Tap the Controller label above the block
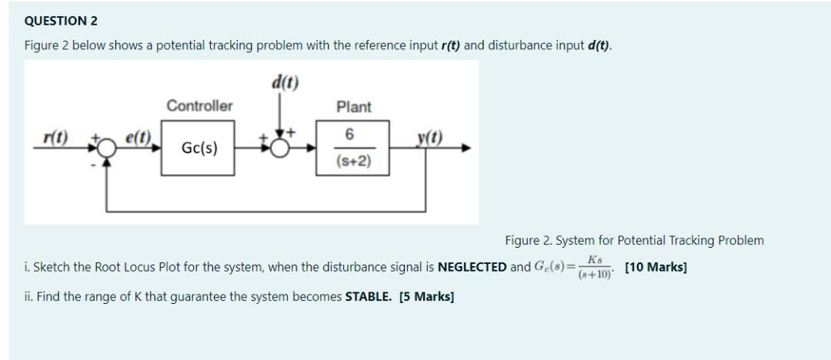click(x=199, y=106)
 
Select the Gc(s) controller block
click(x=199, y=148)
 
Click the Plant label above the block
click(x=354, y=108)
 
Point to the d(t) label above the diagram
click(x=284, y=80)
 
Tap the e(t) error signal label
click(x=138, y=137)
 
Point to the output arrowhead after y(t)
click(x=466, y=148)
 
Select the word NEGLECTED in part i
click(x=472, y=268)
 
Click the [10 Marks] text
click(x=656, y=268)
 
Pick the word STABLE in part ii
click(x=369, y=295)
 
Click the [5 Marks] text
click(x=426, y=295)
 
